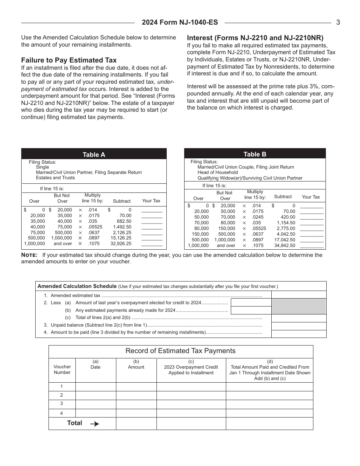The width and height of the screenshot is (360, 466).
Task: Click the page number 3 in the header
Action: coord(338,22)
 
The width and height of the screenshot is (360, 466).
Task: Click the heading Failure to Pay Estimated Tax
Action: coord(69,60)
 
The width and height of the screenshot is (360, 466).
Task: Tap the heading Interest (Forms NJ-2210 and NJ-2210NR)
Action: coord(255,38)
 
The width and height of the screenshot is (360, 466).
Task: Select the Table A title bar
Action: coord(94,154)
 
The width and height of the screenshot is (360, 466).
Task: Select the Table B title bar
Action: coord(255,154)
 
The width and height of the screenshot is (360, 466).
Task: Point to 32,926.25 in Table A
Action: coord(121,244)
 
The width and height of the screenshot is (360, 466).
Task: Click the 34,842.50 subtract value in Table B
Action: coord(285,246)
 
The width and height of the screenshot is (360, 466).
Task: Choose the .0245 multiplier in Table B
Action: coord(258,217)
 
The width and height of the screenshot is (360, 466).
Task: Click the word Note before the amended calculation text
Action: coord(29,255)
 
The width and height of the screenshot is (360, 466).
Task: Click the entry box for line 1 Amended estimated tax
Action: coord(299,295)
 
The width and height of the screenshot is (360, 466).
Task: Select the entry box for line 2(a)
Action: coord(251,302)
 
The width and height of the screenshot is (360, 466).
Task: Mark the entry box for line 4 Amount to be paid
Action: coord(299,334)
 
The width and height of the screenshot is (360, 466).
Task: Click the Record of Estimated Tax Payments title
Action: coord(180,351)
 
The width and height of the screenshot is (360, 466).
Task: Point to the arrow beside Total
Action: coord(95,424)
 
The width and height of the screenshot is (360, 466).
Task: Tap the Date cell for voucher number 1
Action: coord(95,387)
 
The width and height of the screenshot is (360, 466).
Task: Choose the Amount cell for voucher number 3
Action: coord(136,404)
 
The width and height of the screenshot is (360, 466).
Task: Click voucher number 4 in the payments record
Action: coord(62,413)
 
